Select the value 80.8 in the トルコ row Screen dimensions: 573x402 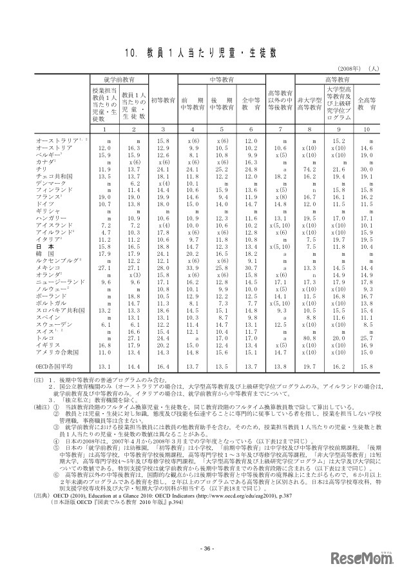click(311, 338)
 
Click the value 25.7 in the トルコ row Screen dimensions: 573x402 click(367, 338)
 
